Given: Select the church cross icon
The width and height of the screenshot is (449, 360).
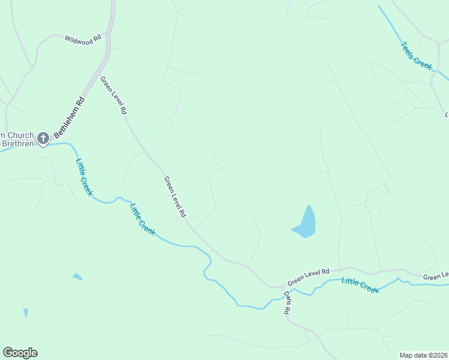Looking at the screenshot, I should point(43,139).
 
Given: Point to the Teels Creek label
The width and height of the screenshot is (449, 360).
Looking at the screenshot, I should point(417,55).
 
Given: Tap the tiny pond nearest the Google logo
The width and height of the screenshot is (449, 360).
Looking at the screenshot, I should point(26,313).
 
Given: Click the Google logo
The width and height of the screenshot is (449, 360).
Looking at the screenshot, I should point(20,353).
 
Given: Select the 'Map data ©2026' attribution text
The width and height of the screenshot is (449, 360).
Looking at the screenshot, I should point(423,355).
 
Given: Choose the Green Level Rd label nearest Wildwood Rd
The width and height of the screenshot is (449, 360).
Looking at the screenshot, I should point(113,95).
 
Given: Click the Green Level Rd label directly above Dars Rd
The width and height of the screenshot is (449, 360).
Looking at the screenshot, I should point(309,277).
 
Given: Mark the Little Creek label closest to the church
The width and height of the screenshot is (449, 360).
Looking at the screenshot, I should point(83,176).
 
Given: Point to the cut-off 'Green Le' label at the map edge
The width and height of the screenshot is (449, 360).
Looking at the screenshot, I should point(435,276).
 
